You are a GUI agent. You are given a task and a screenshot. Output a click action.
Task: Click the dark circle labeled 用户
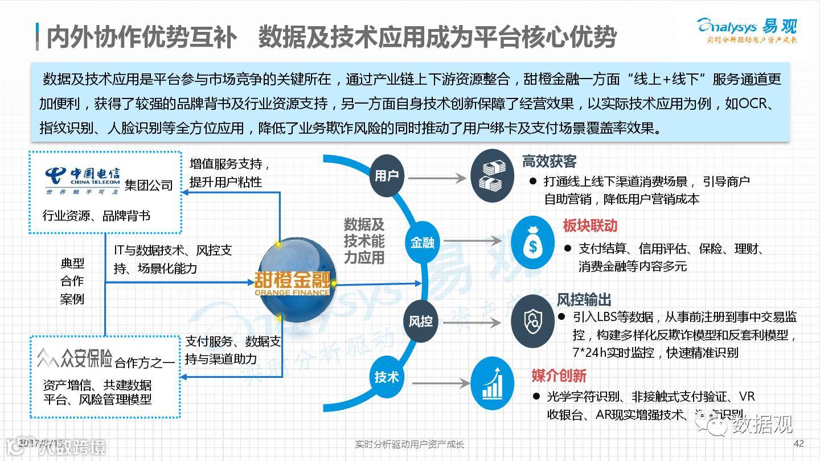pyautogui.click(x=387, y=176)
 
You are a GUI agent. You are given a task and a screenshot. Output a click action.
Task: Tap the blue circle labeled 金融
pyautogui.click(x=422, y=242)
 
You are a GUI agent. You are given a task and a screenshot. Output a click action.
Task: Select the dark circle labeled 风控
pyautogui.click(x=421, y=321)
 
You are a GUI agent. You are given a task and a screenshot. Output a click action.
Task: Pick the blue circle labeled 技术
pyautogui.click(x=386, y=377)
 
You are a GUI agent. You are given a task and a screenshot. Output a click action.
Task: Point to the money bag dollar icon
pyautogui.click(x=532, y=242)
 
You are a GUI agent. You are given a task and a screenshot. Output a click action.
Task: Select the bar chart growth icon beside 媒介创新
pyautogui.click(x=493, y=378)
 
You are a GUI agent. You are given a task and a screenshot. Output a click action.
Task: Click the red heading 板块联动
pyautogui.click(x=590, y=226)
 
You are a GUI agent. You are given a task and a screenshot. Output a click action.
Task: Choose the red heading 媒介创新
pyautogui.click(x=559, y=376)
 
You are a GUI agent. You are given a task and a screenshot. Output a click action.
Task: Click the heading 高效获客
pyautogui.click(x=550, y=162)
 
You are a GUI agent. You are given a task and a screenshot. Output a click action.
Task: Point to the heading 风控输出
pyautogui.click(x=584, y=300)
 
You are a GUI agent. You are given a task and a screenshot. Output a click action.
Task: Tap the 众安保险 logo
pyautogui.click(x=75, y=359)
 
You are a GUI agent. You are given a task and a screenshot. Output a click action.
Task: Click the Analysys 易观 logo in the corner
pyautogui.click(x=747, y=30)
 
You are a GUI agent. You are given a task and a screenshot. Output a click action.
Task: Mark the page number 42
pyautogui.click(x=798, y=444)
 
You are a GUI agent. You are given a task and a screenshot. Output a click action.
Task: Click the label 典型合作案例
pyautogui.click(x=72, y=281)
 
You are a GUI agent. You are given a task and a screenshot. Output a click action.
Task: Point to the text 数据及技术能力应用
pyautogui.click(x=364, y=241)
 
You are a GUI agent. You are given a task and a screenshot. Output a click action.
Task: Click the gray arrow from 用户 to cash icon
pyautogui.click(x=437, y=179)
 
